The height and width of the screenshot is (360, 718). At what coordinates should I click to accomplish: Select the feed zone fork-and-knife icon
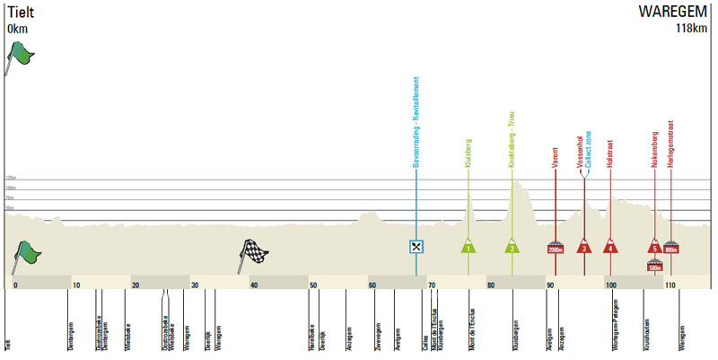[416, 246]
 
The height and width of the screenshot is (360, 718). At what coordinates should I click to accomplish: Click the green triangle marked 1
[468, 246]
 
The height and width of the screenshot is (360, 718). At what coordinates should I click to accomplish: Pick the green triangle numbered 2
[512, 246]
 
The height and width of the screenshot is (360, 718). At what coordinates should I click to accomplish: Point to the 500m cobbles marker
[654, 265]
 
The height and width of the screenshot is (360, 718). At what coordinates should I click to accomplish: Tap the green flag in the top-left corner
[20, 58]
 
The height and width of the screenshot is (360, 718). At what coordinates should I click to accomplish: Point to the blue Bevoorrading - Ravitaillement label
[416, 126]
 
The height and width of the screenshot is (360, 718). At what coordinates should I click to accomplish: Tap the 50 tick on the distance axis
[313, 285]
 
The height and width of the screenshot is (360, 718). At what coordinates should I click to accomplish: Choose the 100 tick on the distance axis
[610, 285]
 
